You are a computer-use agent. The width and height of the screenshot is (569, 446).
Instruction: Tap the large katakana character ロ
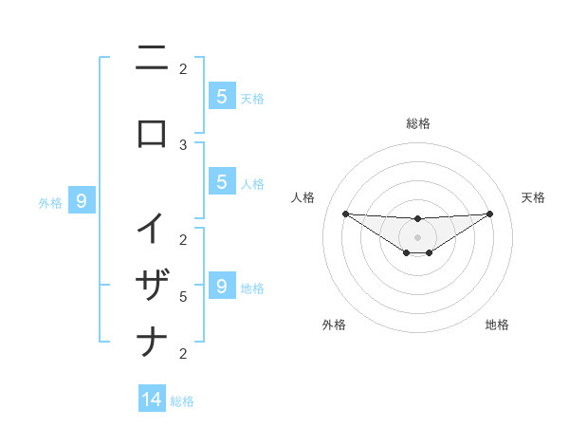click(x=152, y=133)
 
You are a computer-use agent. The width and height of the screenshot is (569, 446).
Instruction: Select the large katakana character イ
click(x=152, y=229)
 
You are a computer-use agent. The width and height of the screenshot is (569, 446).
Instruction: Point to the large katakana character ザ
click(x=152, y=284)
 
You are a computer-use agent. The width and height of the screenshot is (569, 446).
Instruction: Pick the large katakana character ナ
click(x=152, y=341)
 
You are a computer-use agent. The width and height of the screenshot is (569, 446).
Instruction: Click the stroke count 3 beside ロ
click(x=183, y=145)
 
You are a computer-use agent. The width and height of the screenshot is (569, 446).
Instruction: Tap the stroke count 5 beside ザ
click(x=183, y=297)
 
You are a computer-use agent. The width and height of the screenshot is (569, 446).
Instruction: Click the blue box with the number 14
click(x=152, y=400)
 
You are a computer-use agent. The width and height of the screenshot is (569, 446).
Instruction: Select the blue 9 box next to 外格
click(x=82, y=201)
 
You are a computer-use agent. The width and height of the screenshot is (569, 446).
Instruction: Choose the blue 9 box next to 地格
click(x=221, y=287)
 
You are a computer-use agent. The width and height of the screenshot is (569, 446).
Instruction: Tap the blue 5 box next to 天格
click(x=221, y=96)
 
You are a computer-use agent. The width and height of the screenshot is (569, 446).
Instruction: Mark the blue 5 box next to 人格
click(x=221, y=182)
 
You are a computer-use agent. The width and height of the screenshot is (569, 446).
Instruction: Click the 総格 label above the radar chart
click(x=417, y=123)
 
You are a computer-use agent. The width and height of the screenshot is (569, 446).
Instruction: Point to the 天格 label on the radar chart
click(x=534, y=197)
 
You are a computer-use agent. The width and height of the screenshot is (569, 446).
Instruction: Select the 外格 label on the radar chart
click(x=334, y=325)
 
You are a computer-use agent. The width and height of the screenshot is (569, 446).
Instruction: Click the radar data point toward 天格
click(x=489, y=214)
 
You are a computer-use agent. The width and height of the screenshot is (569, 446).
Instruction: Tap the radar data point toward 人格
click(x=345, y=214)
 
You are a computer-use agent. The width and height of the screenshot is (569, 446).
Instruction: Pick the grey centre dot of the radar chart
click(x=417, y=237)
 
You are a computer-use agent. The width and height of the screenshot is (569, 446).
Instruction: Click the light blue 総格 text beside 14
click(x=182, y=401)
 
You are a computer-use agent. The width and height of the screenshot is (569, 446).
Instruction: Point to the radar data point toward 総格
click(x=417, y=219)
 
